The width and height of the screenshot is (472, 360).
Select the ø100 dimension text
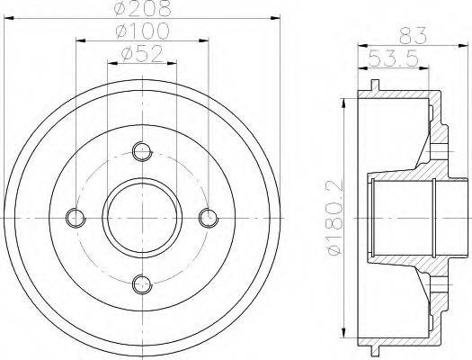point(142,31)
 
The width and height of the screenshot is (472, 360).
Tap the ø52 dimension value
point(142,54)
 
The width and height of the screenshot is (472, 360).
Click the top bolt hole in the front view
point(141,149)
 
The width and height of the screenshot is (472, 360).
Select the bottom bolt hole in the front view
point(141,284)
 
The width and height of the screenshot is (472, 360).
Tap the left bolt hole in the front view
point(76,217)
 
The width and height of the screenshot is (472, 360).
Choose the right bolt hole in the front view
point(208,217)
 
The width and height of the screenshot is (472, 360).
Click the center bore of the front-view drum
point(141,217)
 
